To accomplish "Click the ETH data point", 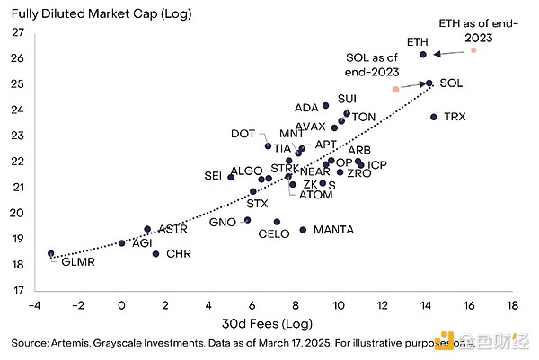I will pos(423,55).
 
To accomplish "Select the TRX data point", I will pos(434,117).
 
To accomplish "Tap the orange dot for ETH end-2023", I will pos(473,50).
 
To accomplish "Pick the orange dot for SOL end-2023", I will pos(395,89).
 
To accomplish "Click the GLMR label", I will pos(77,262).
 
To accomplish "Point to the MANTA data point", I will pos(303,230).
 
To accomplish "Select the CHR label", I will pos(179,254).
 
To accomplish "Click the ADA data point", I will pos(325,106).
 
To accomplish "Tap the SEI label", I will pos(213,176).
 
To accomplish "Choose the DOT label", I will pos(243,134).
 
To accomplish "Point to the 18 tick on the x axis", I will pos(512,305).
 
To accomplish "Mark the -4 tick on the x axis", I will pos(34,305).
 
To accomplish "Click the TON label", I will pos(364,118).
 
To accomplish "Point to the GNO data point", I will pos(248,220).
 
